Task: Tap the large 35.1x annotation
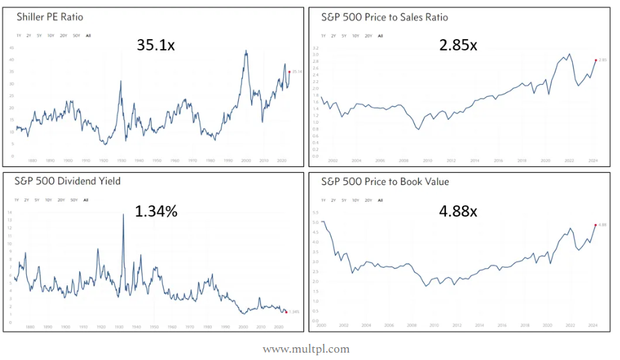coord(156,45)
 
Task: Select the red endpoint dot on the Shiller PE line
coord(288,72)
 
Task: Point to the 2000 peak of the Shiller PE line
coord(246,51)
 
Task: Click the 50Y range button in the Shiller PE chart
coord(75,35)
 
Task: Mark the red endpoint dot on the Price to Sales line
coord(595,60)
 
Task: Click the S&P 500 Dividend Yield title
coord(59,182)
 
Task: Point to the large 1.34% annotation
coord(156,211)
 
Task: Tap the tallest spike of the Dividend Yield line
coord(123,214)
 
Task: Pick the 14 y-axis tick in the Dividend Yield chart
coord(9,213)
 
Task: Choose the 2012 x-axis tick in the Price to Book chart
coord(457,326)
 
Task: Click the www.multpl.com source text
coord(306,349)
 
